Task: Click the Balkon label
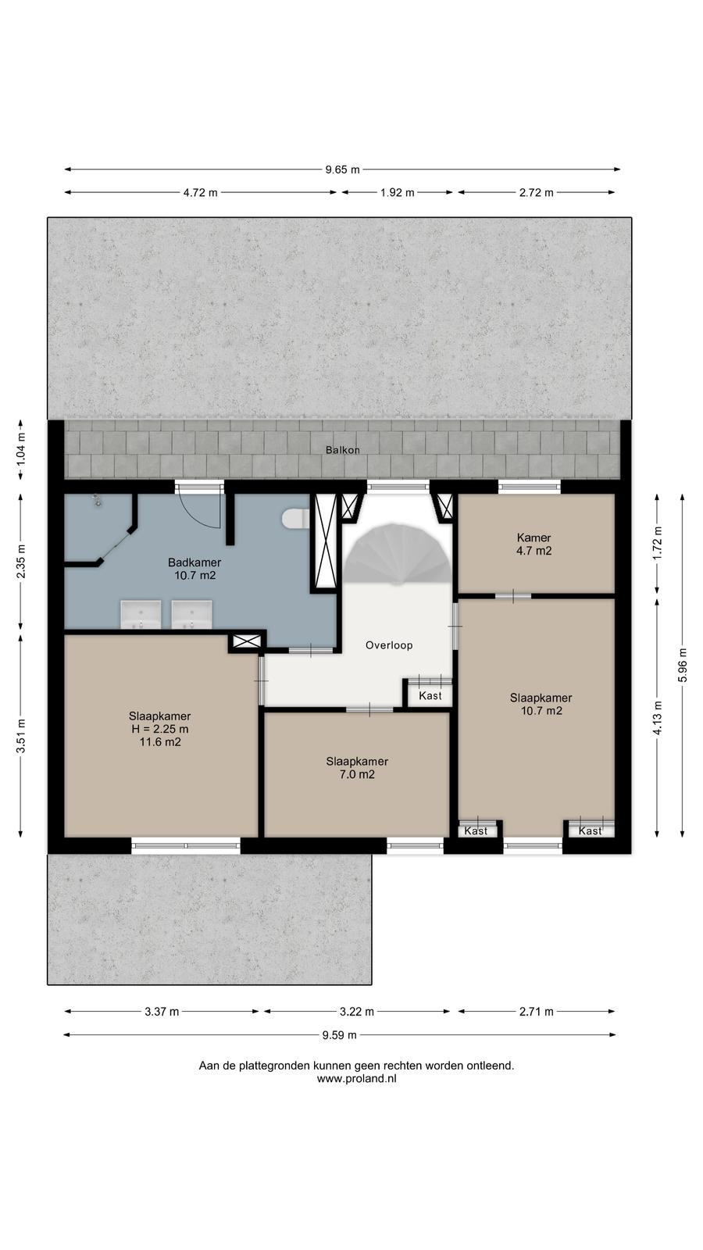343,450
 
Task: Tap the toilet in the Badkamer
296,518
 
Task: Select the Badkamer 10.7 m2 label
194,569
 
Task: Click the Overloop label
389,645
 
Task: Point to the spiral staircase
398,552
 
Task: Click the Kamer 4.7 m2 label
534,544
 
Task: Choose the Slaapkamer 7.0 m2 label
357,768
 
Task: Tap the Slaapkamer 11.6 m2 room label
160,729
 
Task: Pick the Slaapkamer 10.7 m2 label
541,704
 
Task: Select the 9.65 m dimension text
343,169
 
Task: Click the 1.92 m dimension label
398,192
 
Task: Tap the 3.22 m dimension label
357,1011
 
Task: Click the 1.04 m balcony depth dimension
20,449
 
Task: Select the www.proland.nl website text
356,1079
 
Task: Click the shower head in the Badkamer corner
97,500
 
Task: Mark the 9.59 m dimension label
339,1035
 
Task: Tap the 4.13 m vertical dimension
657,717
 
